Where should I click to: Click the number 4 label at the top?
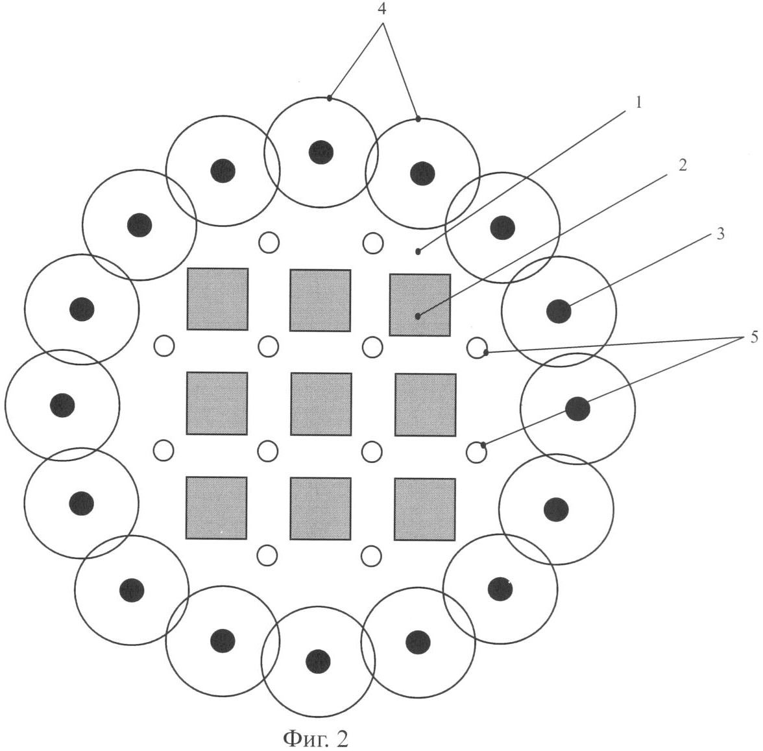pyautogui.click(x=383, y=9)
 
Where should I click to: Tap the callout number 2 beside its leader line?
pyautogui.click(x=683, y=165)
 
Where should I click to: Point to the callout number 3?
pyautogui.click(x=720, y=233)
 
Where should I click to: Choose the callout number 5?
pyautogui.click(x=754, y=337)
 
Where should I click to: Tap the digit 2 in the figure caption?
pyautogui.click(x=341, y=738)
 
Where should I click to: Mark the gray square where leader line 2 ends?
pyautogui.click(x=420, y=305)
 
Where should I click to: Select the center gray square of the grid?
pyautogui.click(x=321, y=403)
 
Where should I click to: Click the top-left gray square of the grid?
pyautogui.click(x=217, y=298)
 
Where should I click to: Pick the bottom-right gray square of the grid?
pyautogui.click(x=425, y=509)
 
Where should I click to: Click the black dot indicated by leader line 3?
pyautogui.click(x=559, y=311)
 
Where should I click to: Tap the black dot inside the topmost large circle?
pyautogui.click(x=321, y=152)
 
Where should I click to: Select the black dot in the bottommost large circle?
pyautogui.click(x=318, y=662)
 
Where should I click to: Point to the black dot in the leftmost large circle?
pyautogui.click(x=62, y=405)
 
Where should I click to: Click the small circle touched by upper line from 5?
pyautogui.click(x=477, y=348)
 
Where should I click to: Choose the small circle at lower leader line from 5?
pyautogui.click(x=476, y=453)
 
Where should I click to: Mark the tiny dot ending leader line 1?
pyautogui.click(x=418, y=252)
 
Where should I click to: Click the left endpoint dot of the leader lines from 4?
pyautogui.click(x=330, y=99)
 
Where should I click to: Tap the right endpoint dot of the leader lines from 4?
pyautogui.click(x=418, y=119)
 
